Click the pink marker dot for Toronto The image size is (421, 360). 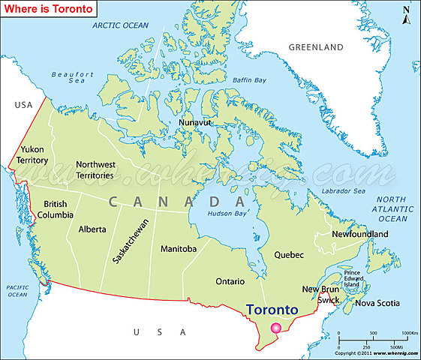276,328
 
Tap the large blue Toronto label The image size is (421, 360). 272,310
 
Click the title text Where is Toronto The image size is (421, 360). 50,9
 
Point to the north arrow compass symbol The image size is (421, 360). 406,13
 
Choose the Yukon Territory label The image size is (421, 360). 34,155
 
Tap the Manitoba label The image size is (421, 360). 179,248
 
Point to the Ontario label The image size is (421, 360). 230,281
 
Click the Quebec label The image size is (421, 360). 289,255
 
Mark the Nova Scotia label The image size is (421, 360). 377,304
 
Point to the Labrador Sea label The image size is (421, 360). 341,191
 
